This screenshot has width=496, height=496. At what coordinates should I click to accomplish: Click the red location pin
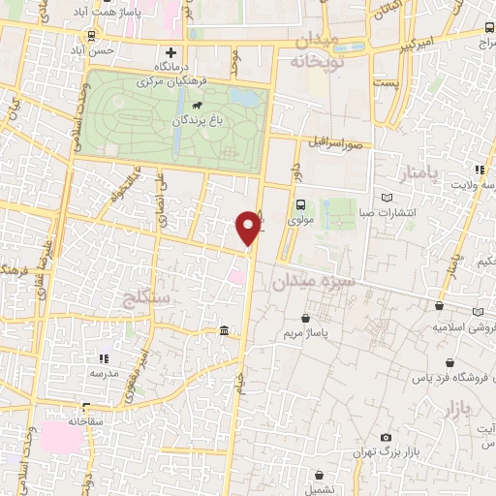click(249, 227)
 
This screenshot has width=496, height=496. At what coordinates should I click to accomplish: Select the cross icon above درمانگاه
click(171, 52)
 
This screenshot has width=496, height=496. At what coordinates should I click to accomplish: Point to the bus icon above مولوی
click(300, 205)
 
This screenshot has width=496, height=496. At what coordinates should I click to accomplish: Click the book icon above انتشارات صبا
click(388, 195)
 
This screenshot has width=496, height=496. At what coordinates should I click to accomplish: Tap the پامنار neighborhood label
click(418, 173)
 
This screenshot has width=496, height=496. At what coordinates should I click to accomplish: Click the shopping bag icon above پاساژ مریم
click(307, 318)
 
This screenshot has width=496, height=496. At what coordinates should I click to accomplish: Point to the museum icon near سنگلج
click(225, 332)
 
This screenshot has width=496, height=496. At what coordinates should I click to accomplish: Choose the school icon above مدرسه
click(104, 357)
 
